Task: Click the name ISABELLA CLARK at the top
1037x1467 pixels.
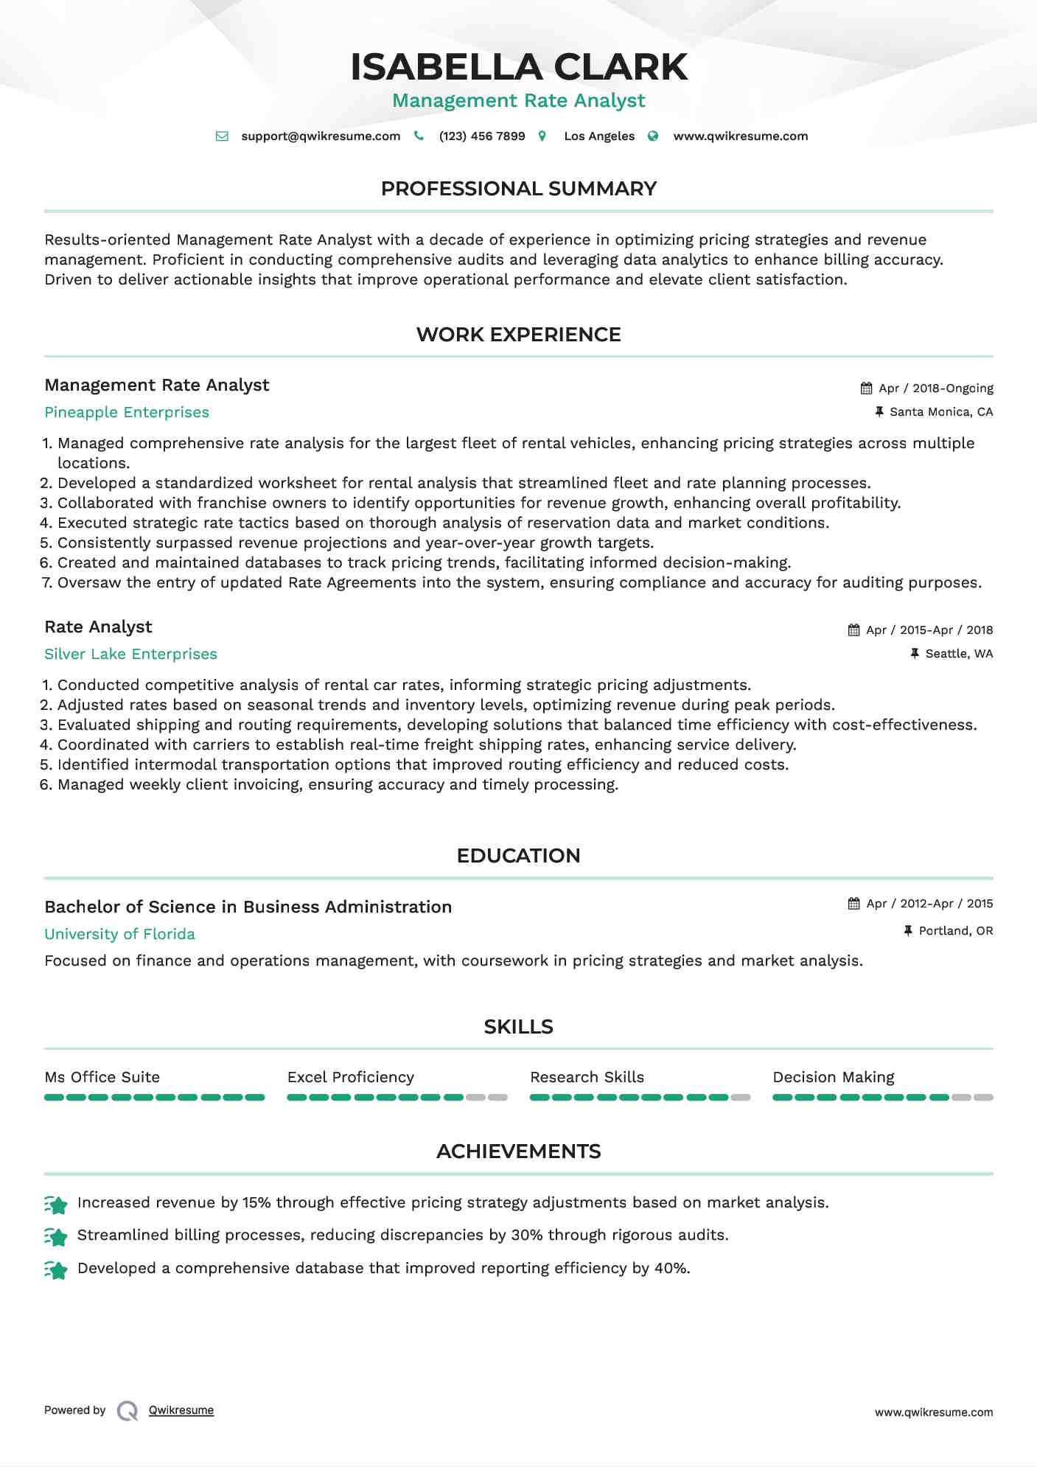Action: [518, 67]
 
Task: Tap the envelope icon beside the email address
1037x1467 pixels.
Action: [222, 136]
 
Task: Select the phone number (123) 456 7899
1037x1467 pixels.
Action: [481, 136]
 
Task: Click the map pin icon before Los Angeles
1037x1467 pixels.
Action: [542, 136]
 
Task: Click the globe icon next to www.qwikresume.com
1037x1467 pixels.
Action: [653, 136]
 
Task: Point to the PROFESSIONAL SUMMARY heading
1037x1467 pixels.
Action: [518, 189]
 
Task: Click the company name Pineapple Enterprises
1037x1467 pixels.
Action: [127, 412]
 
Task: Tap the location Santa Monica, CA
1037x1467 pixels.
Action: [941, 412]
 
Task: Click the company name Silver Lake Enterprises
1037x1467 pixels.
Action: [130, 654]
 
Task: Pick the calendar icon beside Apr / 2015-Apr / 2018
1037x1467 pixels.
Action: [853, 630]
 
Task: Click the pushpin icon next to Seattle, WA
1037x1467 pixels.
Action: [915, 654]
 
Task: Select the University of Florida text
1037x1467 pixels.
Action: [119, 934]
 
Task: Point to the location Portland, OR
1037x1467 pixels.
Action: [955, 931]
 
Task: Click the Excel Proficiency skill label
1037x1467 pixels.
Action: [350, 1077]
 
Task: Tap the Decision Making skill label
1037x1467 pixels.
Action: [833, 1077]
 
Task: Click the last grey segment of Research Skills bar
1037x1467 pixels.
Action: [741, 1098]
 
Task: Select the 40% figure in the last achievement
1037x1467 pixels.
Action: [671, 1268]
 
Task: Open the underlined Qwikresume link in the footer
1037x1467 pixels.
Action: [181, 1410]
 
